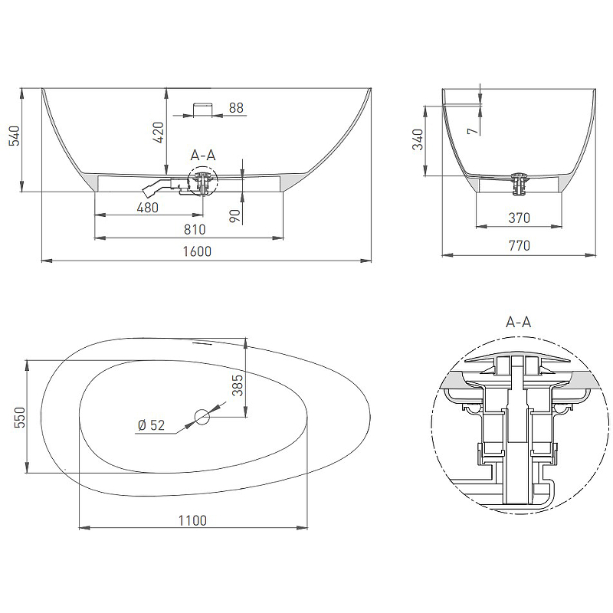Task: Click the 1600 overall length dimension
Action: tap(197, 251)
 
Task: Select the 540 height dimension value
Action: tap(15, 136)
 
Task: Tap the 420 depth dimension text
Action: tap(158, 132)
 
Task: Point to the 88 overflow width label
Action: tap(236, 107)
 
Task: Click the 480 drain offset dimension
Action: tap(147, 207)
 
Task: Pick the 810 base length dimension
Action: tap(195, 229)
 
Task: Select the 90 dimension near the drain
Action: tap(234, 215)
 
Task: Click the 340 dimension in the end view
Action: tap(418, 139)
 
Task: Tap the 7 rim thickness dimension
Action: tap(474, 130)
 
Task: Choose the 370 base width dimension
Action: tap(519, 218)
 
